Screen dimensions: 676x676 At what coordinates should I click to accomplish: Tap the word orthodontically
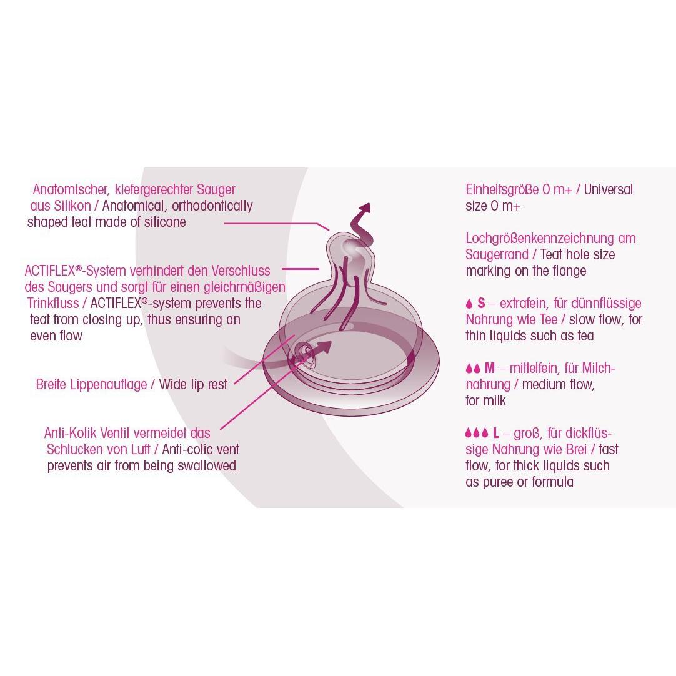click(212, 206)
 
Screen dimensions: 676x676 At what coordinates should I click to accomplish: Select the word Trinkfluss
click(53, 303)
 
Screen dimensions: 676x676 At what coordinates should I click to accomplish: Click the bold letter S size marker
click(481, 304)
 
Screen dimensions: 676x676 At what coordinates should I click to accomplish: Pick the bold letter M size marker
click(490, 368)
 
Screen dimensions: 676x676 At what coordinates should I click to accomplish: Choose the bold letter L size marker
click(496, 433)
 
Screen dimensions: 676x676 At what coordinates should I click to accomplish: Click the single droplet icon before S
click(469, 304)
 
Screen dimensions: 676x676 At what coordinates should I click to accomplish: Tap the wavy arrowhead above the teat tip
click(365, 209)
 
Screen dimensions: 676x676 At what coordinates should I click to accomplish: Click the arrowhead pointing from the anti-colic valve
click(324, 346)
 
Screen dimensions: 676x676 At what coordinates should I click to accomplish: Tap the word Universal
click(609, 190)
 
